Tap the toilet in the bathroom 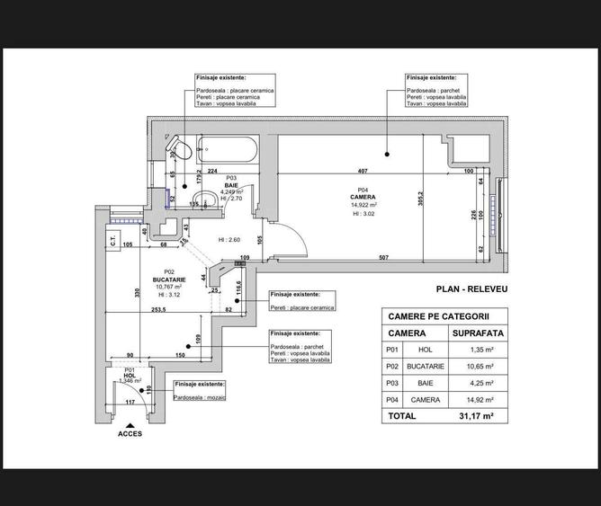tap(178, 147)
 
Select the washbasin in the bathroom tap(206, 200)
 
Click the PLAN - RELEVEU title tap(471, 289)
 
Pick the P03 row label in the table tap(391, 382)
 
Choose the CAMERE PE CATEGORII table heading tap(438, 316)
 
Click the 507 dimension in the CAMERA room tap(383, 258)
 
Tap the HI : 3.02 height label tap(363, 215)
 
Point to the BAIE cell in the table tap(425, 382)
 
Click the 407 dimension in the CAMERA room tap(363, 171)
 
